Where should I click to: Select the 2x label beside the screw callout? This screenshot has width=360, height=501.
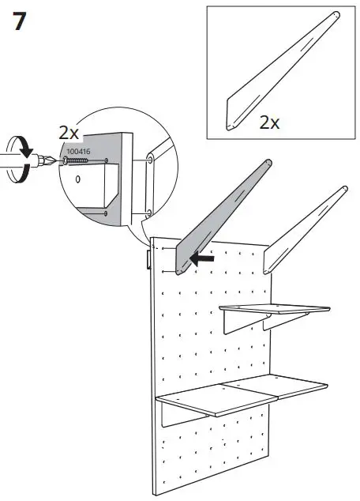tap(69, 133)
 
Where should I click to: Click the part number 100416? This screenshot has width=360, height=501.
tap(77, 150)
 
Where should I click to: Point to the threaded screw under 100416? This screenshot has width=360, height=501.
tap(75, 161)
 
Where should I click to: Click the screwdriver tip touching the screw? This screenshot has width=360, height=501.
tap(53, 163)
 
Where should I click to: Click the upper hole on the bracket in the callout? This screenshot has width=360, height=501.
tap(149, 160)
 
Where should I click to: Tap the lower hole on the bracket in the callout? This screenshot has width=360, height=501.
tap(148, 211)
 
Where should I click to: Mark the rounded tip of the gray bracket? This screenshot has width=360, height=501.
tap(267, 164)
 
